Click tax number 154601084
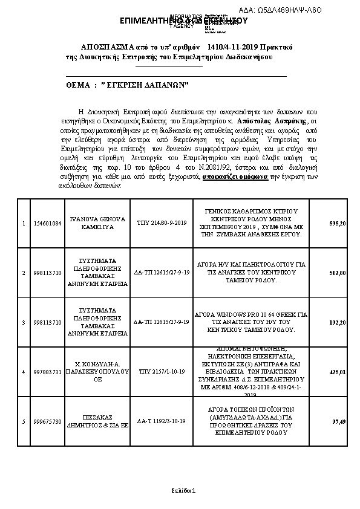pos(47,224)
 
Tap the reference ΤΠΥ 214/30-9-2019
pos(155,224)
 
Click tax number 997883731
pos(47,372)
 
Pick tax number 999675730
pos(47,421)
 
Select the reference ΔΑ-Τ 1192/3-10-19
pos(155,421)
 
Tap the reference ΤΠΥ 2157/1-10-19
pos(155,372)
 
